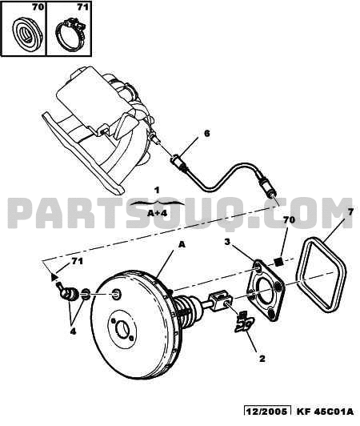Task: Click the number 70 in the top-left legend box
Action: (x=38, y=7)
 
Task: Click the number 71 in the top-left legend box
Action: (x=82, y=7)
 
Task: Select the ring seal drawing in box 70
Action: (x=27, y=33)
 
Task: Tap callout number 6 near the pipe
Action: (x=207, y=134)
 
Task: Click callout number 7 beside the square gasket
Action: (x=350, y=211)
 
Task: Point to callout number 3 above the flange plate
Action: (x=227, y=242)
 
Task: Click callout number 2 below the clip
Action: (x=262, y=359)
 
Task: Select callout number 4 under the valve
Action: (x=73, y=332)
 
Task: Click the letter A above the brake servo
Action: (x=182, y=244)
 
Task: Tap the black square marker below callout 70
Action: (x=278, y=262)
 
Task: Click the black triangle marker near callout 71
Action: (x=54, y=277)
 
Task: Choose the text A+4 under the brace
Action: (x=157, y=213)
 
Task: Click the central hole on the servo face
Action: (x=122, y=329)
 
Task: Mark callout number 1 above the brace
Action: (x=157, y=191)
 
